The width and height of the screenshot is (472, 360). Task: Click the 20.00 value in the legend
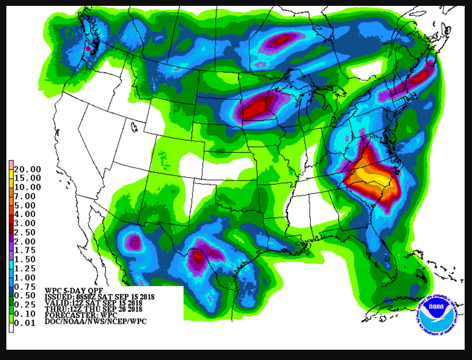point(27,169)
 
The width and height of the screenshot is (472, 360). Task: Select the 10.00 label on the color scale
point(27,187)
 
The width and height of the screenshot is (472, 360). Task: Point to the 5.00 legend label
point(27,205)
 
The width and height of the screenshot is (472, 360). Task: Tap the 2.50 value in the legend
point(27,232)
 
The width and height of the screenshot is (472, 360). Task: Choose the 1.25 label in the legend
point(27,269)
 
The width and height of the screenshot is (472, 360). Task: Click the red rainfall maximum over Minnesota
point(257,108)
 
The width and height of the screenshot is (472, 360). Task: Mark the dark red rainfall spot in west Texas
point(197,256)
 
